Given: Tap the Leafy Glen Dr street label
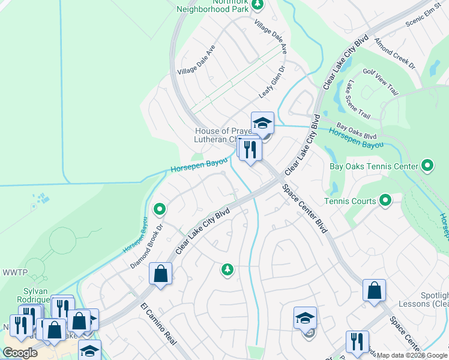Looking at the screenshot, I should point(271,83).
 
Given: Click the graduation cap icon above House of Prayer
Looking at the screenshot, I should point(262,124).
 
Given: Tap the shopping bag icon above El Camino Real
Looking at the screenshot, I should point(161,274).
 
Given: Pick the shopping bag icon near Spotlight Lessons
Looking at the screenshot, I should point(374,291).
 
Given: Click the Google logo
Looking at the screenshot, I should point(20,352).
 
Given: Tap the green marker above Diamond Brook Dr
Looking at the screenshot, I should point(160,209).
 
